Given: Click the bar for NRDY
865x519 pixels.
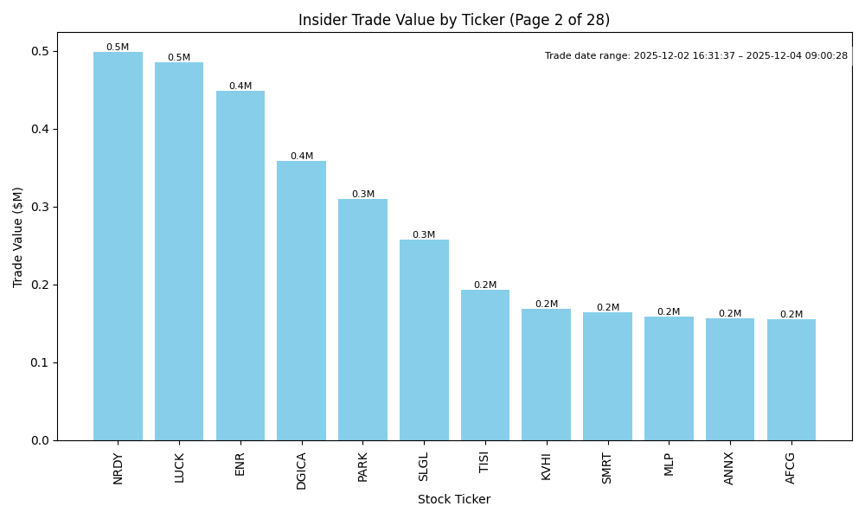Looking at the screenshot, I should click(118, 247).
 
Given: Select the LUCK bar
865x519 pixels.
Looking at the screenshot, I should click(179, 252).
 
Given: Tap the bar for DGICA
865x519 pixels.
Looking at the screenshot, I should click(301, 301).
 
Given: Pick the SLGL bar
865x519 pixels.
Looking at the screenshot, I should click(424, 340).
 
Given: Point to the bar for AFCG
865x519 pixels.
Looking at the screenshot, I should click(791, 380).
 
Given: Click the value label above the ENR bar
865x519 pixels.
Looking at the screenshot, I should click(240, 86).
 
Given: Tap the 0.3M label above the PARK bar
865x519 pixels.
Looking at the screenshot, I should click(362, 195).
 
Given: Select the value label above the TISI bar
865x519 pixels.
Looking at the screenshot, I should click(485, 285).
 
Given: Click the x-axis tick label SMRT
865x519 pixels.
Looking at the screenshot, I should click(607, 468).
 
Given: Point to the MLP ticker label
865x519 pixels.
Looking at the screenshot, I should click(669, 465).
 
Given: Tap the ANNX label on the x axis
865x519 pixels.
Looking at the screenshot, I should click(729, 468).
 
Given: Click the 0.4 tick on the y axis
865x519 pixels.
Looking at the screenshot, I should click(39, 130).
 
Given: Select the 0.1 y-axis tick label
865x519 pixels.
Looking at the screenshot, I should click(39, 363).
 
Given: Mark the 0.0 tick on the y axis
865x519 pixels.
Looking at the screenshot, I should click(39, 440).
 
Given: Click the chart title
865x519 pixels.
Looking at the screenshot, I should click(454, 20).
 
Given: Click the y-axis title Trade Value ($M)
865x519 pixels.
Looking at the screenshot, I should click(18, 237).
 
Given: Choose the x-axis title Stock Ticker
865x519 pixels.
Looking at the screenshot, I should click(454, 500).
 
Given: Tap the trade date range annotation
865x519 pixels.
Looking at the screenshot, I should click(696, 56).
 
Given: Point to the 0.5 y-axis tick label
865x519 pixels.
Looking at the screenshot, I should click(39, 52).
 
